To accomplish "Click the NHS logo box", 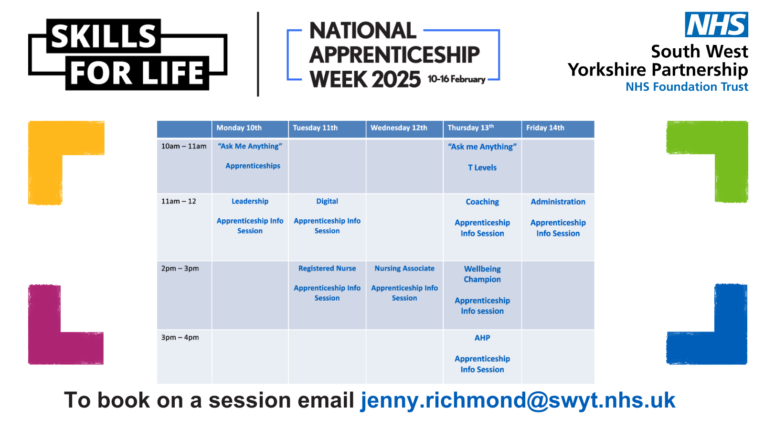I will (716, 25).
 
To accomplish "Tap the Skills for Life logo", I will (127, 54).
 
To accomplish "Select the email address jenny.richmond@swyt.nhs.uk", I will (518, 400).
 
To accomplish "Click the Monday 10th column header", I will (239, 128).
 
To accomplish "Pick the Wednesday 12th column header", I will (399, 128).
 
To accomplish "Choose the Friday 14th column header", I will (545, 128).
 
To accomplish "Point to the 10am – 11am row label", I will (184, 146).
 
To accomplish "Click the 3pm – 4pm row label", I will (180, 337).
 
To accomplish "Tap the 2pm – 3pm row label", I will (180, 269).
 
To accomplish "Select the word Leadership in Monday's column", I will (250, 202).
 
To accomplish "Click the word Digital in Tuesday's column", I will (327, 202).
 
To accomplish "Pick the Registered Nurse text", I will (327, 269).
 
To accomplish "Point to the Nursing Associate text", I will (404, 269).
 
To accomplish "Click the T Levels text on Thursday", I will (482, 168).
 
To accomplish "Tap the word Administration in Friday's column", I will (558, 202).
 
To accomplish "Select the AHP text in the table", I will (482, 338).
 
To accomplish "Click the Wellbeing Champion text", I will (482, 274).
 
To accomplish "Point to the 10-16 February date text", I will (456, 79).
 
